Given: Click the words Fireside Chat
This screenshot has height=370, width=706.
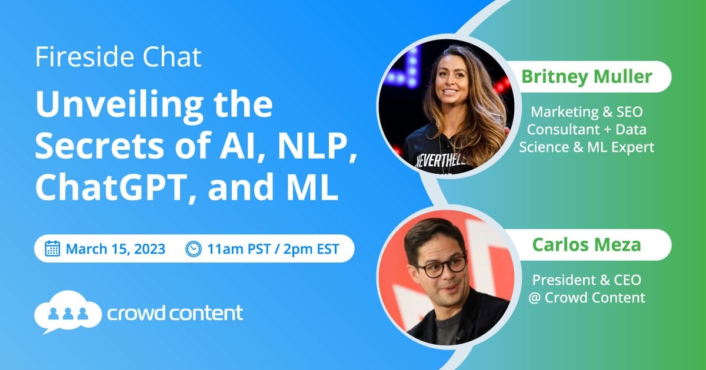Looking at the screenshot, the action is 118,57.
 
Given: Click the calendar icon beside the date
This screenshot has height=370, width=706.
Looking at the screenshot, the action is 52,248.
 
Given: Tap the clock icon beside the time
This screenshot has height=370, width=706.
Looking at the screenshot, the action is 193,248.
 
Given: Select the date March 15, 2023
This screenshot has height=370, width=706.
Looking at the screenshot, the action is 115,249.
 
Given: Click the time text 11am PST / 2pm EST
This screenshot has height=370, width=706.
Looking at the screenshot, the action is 273,249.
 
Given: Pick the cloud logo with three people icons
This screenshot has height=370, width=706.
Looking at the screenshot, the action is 68,311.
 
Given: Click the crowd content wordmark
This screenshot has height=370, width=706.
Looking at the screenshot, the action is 175,312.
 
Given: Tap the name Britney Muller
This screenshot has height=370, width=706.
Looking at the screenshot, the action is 587,77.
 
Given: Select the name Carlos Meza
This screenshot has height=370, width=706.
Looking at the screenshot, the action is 587,245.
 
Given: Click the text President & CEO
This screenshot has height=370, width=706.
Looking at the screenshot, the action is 587,280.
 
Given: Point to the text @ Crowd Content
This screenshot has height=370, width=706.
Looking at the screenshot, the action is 587,297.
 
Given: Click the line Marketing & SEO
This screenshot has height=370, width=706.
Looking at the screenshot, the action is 587,112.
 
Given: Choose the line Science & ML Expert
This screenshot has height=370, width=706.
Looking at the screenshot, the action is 587,147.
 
